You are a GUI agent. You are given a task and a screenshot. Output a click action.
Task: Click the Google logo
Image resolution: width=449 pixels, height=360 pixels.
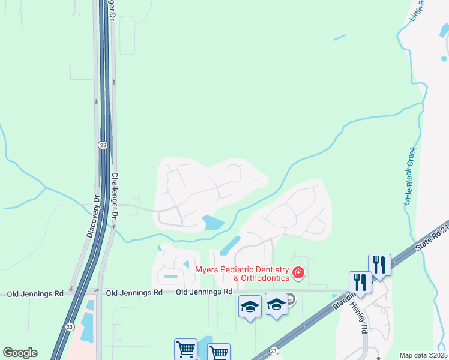(20, 353)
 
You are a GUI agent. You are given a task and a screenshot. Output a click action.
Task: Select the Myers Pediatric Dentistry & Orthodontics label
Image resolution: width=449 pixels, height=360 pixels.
(242, 274)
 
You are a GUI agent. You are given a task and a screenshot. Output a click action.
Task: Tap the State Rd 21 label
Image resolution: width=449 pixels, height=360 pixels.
(432, 238)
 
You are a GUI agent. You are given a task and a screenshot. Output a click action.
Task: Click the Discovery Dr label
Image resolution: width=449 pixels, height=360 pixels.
(91, 215)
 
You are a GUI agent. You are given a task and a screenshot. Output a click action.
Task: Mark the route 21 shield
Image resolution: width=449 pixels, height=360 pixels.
(274, 350)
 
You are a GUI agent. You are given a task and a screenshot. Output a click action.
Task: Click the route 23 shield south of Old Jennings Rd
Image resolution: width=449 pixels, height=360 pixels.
(69, 326)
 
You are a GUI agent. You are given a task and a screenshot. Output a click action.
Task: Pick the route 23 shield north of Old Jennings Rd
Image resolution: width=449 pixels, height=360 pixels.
(103, 145)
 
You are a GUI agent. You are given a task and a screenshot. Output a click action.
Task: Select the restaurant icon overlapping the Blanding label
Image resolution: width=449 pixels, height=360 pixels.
(360, 282)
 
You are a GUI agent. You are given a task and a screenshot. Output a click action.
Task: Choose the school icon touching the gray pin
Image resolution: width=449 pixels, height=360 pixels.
(276, 306)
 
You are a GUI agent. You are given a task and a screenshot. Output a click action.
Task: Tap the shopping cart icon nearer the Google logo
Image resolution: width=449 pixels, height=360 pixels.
(185, 349)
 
